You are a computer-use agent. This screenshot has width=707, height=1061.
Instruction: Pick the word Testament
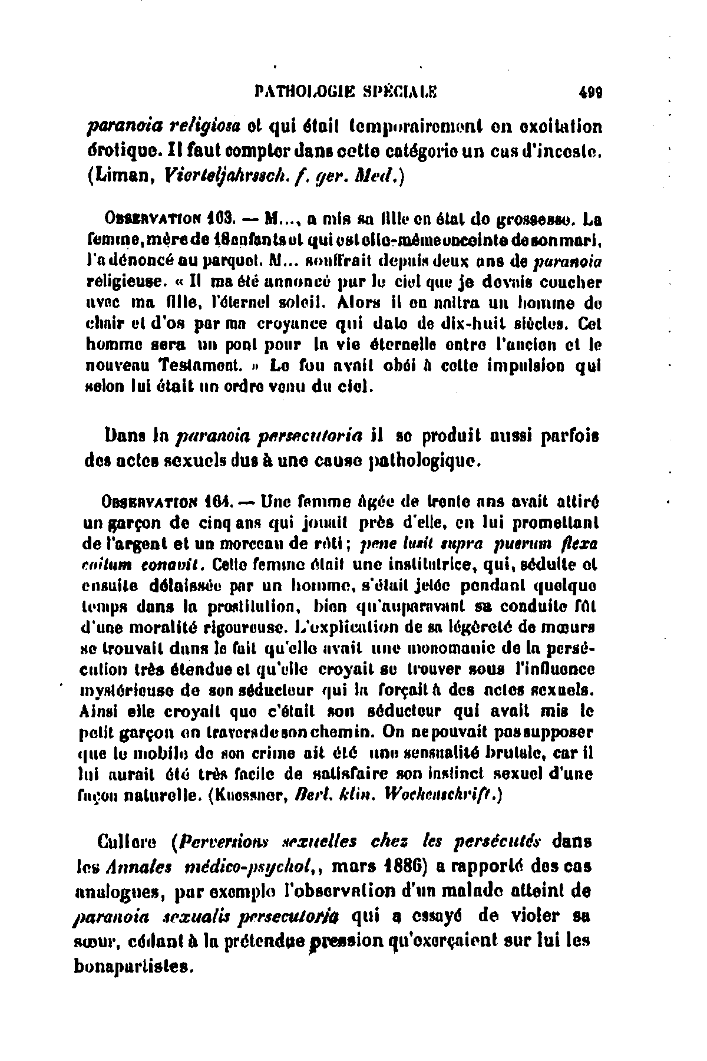pyautogui.click(x=204, y=365)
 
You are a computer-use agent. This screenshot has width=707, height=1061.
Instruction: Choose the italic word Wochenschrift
pyautogui.click(x=442, y=795)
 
